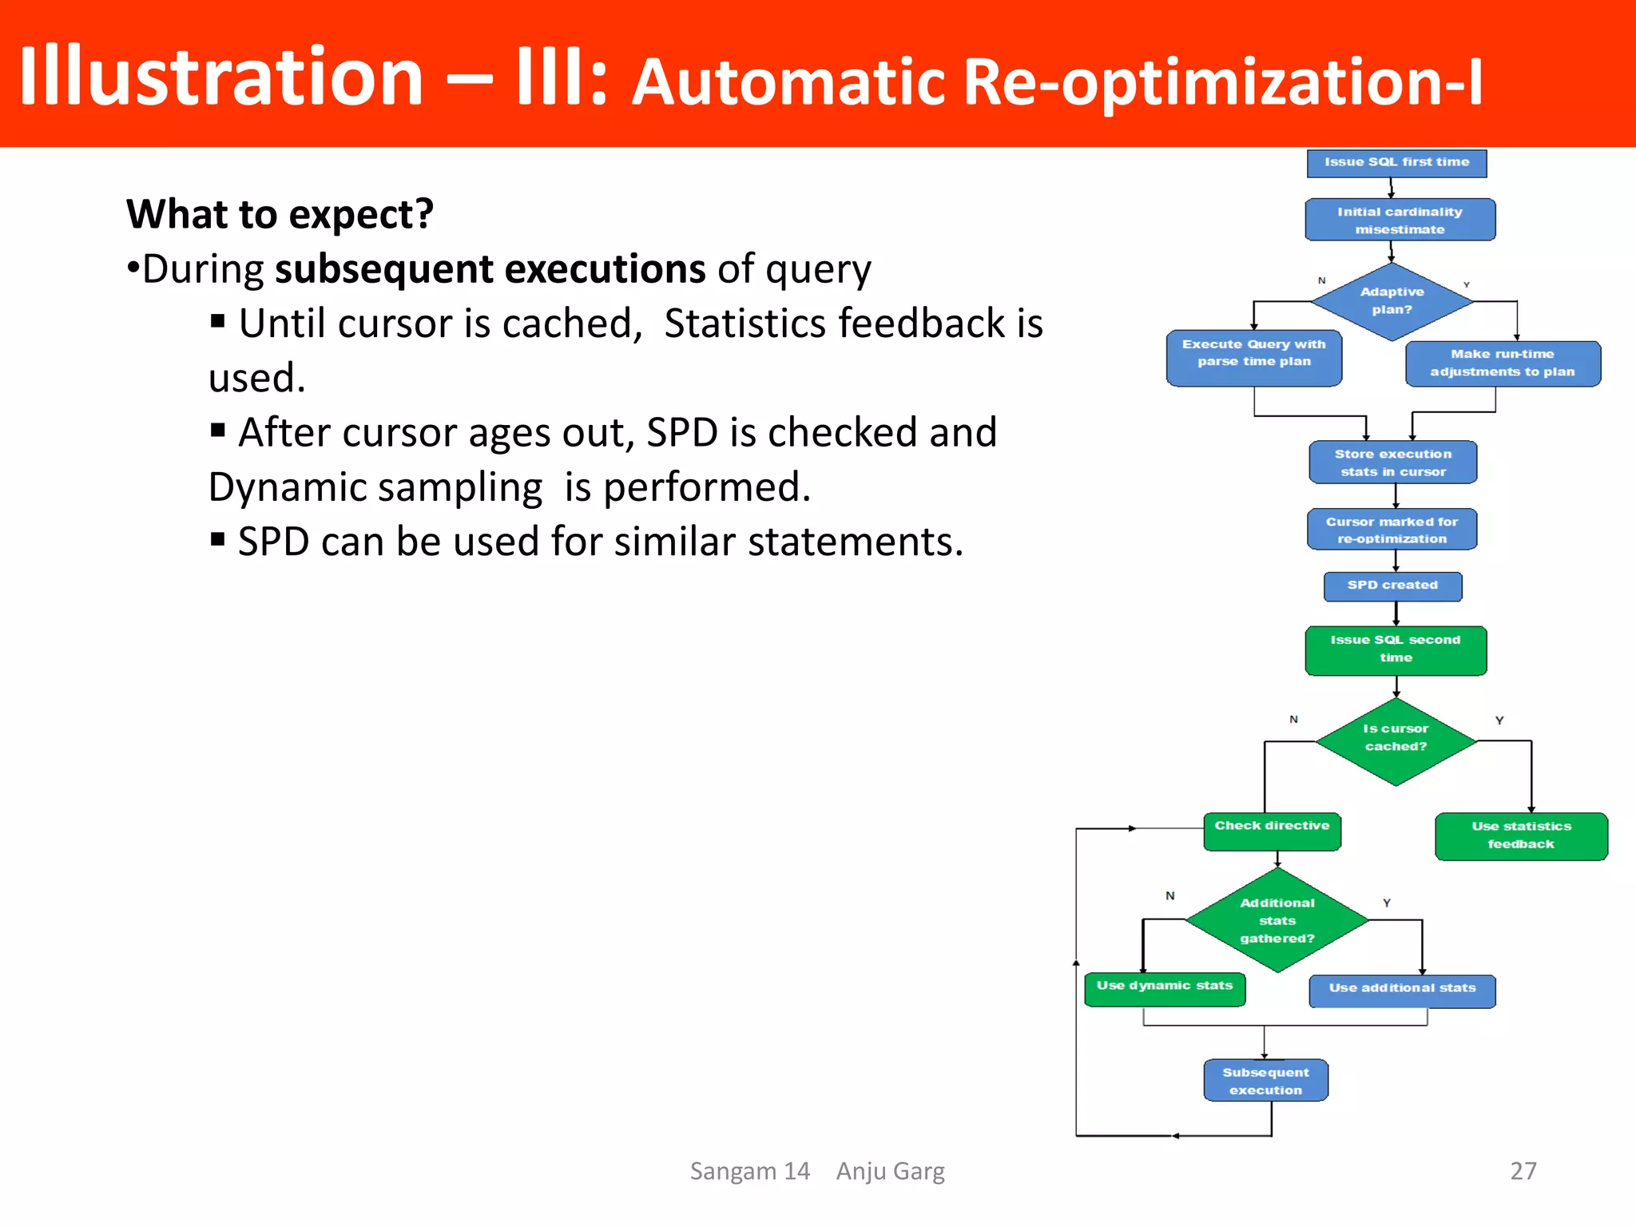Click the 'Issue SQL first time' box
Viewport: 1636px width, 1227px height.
tap(1396, 163)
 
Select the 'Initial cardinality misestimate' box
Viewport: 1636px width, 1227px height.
tap(1400, 220)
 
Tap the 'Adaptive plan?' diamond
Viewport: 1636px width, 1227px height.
tap(1392, 301)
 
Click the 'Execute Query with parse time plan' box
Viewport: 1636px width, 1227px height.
tap(1253, 357)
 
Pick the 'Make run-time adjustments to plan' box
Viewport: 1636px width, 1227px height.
tap(1502, 363)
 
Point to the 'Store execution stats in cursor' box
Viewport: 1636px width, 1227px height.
tap(1393, 463)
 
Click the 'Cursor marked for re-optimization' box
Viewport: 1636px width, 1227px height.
tap(1392, 530)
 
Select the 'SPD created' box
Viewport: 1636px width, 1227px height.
tap(1392, 586)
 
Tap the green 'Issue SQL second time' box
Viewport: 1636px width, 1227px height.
tap(1396, 649)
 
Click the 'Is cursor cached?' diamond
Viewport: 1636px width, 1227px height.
tap(1396, 740)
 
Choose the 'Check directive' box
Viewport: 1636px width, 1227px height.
tap(1272, 831)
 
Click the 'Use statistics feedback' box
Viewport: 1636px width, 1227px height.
tap(1520, 836)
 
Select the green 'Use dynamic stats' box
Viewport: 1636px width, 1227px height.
tap(1165, 988)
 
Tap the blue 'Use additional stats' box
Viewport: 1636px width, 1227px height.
tap(1402, 991)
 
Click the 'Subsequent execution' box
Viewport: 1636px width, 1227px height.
tap(1265, 1081)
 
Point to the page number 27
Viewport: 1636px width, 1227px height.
tap(1523, 1170)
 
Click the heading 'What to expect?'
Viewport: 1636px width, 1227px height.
tap(280, 214)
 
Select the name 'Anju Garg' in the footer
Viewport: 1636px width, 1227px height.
tap(890, 1170)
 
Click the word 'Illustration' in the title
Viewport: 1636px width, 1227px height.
tap(220, 77)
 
